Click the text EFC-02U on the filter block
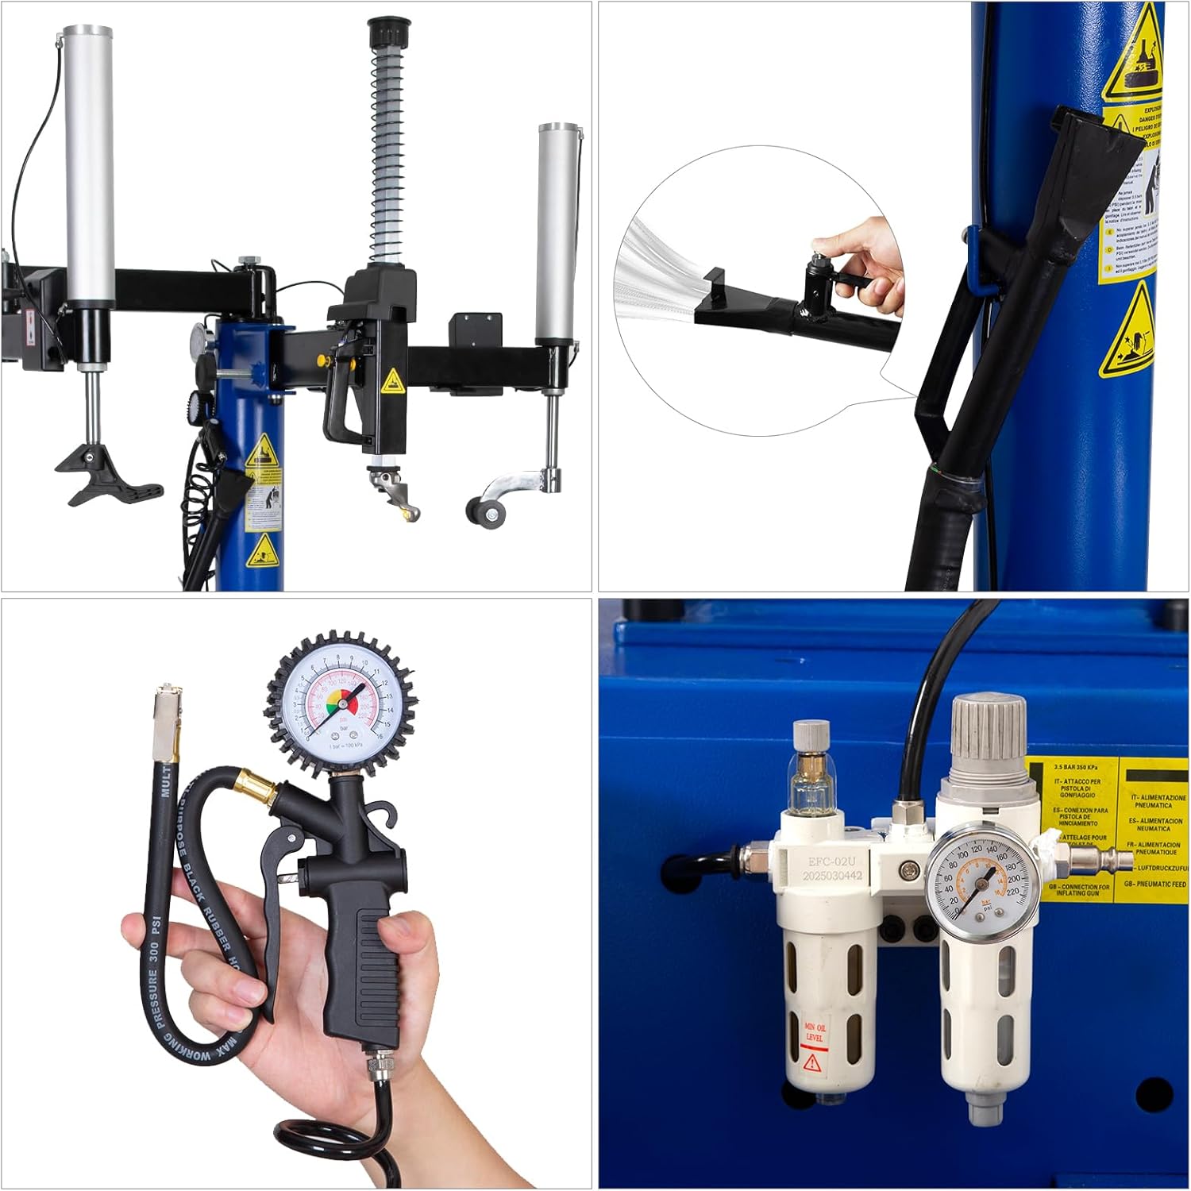tap(832, 861)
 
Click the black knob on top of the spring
tap(386, 33)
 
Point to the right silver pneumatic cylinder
tap(558, 230)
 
